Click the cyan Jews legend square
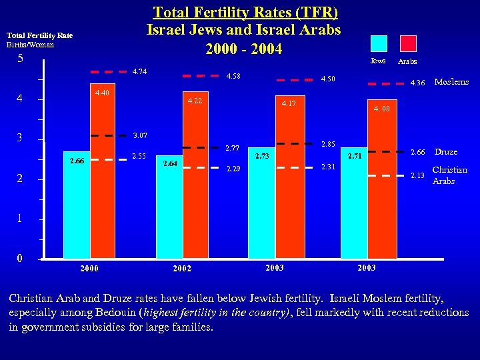(x=379, y=43)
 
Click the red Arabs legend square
(x=408, y=43)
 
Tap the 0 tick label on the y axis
(x=20, y=258)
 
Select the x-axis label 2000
(x=89, y=268)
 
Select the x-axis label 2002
(x=181, y=268)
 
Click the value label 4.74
(x=139, y=71)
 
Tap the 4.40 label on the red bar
(x=102, y=93)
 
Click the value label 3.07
(x=139, y=136)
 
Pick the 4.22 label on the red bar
(x=195, y=101)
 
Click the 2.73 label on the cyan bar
(x=262, y=156)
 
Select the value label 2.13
(x=417, y=175)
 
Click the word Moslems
(x=451, y=82)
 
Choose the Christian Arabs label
(x=449, y=175)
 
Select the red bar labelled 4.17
(x=288, y=187)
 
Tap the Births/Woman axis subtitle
(x=30, y=45)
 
